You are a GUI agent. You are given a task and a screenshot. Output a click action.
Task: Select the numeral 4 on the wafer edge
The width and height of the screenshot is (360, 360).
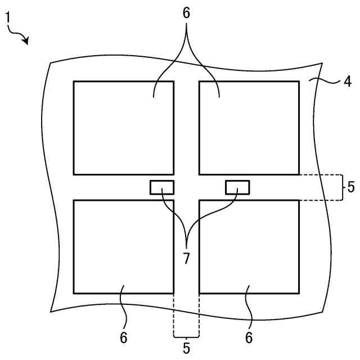(348, 82)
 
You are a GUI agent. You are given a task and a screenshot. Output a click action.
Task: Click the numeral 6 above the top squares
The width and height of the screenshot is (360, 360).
(187, 13)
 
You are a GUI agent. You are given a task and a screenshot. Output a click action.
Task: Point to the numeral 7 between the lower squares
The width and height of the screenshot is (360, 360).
(186, 259)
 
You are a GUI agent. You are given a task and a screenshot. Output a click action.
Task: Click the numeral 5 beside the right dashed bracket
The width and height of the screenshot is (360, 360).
(351, 187)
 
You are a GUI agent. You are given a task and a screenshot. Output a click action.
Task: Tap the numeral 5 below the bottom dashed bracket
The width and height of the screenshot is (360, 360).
(186, 348)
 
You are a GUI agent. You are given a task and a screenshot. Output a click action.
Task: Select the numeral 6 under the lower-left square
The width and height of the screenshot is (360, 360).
(124, 337)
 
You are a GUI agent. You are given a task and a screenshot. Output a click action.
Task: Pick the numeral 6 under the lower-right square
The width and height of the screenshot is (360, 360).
(249, 337)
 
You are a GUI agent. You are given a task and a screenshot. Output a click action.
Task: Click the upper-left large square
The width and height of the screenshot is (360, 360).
(123, 128)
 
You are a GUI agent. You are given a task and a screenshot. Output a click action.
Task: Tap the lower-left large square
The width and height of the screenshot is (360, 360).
(123, 246)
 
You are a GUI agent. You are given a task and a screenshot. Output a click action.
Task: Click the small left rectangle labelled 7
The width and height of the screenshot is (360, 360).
(161, 187)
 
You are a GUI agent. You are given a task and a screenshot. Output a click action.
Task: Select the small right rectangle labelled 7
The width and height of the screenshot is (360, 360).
(237, 187)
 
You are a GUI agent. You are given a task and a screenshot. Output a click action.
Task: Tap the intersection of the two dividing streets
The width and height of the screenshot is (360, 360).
(186, 187)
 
